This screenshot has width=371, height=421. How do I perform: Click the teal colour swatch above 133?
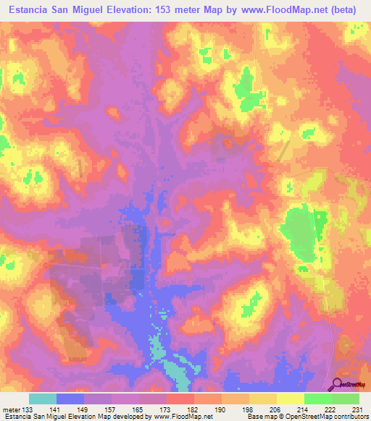[x=43, y=399]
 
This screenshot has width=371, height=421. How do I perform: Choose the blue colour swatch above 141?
[x=70, y=399]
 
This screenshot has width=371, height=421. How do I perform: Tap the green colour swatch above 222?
[x=317, y=399]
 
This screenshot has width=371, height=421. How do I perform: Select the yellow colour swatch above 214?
[x=290, y=399]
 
